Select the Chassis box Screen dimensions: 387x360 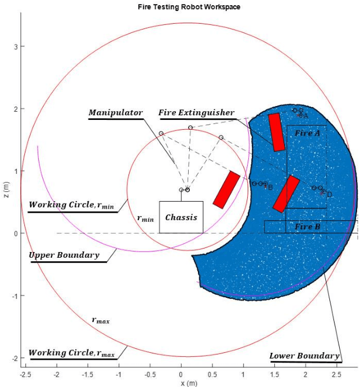coord(181,217)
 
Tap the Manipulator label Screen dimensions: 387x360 coord(115,112)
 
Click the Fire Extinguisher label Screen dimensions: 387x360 coord(196,112)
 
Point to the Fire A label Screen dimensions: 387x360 coord(307,133)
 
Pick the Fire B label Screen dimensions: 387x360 coord(307,227)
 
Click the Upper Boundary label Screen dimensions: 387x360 coord(64,255)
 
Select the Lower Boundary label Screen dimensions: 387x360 coord(304,356)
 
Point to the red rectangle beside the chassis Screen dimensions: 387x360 coord(226,189)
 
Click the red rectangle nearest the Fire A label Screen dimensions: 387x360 coord(277,132)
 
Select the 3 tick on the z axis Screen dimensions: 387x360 coord(16,46)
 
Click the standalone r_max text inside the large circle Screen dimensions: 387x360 coord(100,320)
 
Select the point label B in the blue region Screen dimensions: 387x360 coord(270,187)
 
